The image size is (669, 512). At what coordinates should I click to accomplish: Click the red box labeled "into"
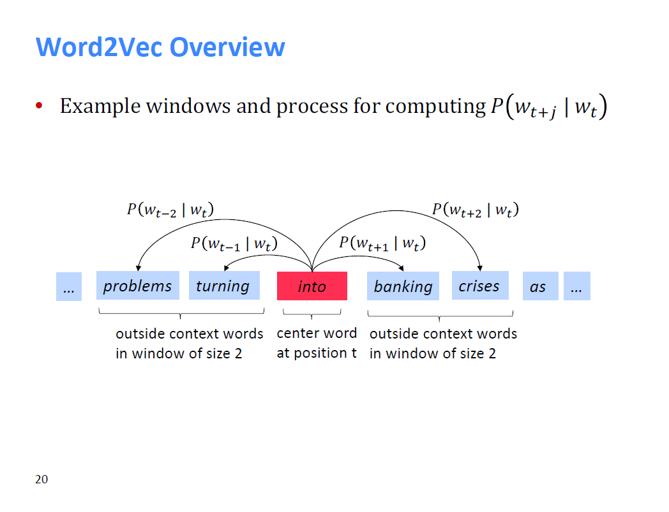point(312,286)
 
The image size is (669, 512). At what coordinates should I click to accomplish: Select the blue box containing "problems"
point(138,285)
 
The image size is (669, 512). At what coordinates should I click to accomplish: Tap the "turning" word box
point(225,285)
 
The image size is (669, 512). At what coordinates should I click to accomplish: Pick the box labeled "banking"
point(403,286)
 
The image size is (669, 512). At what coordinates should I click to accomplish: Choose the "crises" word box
point(481,285)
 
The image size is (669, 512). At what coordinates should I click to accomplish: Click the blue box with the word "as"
point(541,286)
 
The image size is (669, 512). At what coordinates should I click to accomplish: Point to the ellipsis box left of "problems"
point(69,286)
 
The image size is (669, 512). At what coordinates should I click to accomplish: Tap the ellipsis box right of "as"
point(577,286)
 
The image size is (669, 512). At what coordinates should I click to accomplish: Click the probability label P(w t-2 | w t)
point(170,210)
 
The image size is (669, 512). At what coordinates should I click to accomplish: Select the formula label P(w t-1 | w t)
point(234,244)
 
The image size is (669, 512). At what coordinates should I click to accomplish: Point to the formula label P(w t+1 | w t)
point(382,244)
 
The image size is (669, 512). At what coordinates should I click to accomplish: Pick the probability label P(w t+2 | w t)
point(476,210)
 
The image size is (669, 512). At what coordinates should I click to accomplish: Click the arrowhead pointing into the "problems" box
point(139,268)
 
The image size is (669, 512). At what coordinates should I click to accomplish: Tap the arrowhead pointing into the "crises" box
point(480,268)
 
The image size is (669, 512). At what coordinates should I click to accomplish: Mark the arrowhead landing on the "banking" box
point(401,268)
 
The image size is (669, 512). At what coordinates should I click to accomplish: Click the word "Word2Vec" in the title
point(100,47)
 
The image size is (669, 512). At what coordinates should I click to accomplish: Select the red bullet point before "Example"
point(39,105)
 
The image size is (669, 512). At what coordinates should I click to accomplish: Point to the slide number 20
point(41,479)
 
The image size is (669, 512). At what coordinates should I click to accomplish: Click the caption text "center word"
point(317,333)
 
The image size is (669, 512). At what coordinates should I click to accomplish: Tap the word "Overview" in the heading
point(227,47)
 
